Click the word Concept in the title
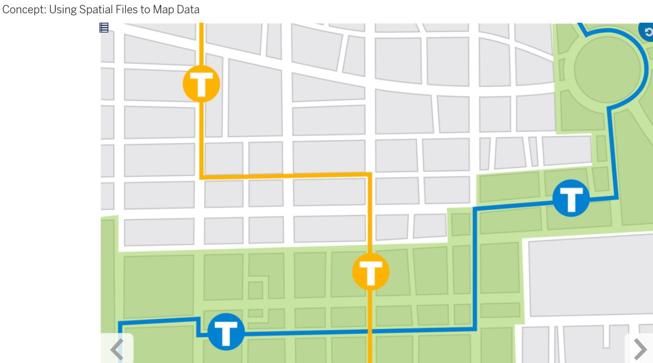click(24, 10)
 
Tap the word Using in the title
click(63, 10)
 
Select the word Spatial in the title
click(96, 10)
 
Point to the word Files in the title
click(126, 10)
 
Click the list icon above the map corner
click(104, 28)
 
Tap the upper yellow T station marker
click(201, 84)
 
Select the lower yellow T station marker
click(370, 272)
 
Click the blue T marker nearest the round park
click(571, 198)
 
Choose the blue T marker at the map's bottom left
click(226, 332)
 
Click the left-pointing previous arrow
click(117, 349)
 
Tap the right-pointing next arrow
click(640, 349)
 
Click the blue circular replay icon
click(647, 31)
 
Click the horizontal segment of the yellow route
click(286, 176)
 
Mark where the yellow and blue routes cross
click(370, 332)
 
